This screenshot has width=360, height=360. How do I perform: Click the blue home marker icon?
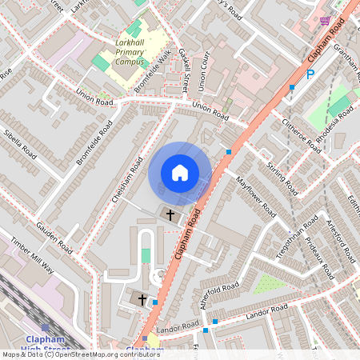click(180, 173)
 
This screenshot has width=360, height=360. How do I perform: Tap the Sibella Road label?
click(21, 142)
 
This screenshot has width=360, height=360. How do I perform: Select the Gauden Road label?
click(54, 237)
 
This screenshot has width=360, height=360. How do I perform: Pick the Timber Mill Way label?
click(31, 256)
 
